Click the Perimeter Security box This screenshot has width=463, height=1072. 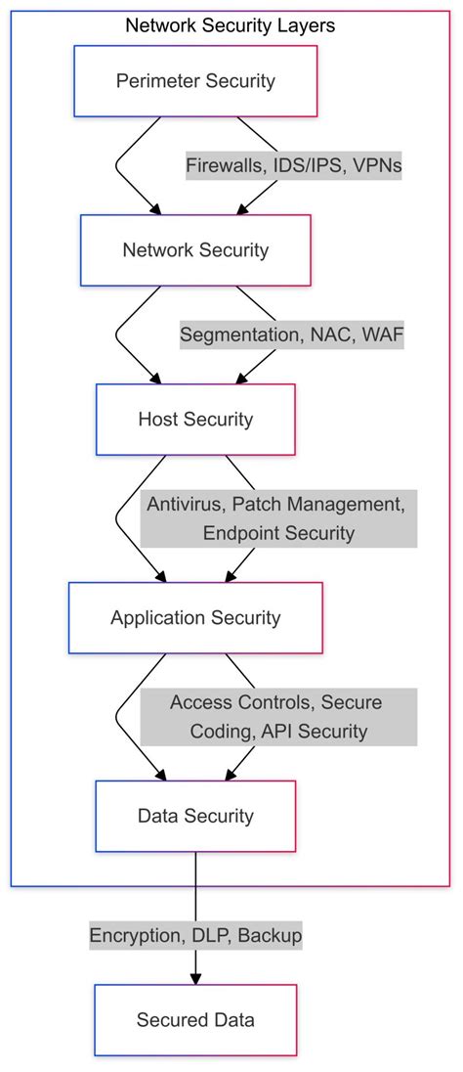coord(195,80)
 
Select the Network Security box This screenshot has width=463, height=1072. coord(195,250)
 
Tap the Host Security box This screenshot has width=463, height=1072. coord(195,420)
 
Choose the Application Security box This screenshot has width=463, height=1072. coord(195,618)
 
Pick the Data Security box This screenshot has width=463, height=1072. coord(195,816)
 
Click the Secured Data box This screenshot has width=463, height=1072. coord(195,1020)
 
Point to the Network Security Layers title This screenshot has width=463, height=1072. coord(231,26)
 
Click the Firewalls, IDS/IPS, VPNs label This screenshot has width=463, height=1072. coord(294,166)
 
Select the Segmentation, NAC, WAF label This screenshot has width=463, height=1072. coord(290,335)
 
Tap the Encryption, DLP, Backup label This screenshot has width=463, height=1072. coord(195,936)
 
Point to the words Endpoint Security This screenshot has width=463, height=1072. coord(278,534)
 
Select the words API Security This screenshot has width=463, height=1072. coord(318,732)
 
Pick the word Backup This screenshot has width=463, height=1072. coord(270,936)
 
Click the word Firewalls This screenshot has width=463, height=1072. coord(223,166)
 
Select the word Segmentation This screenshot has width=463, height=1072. coord(239,335)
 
